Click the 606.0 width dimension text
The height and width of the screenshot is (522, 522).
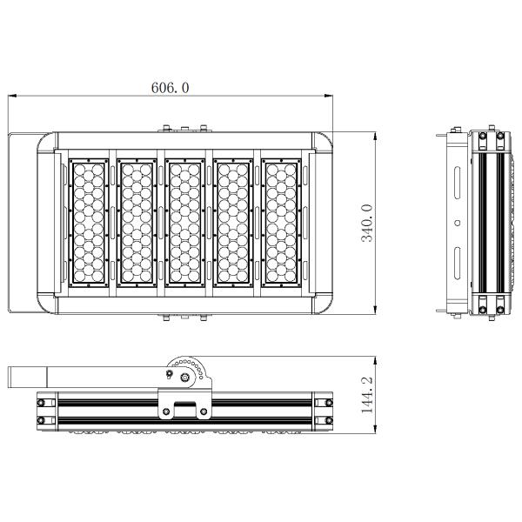171,88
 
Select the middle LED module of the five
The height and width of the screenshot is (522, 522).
184,223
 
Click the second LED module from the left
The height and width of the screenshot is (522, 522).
137,223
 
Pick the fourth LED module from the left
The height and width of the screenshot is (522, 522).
233,223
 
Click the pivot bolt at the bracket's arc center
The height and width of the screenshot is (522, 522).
184,377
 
